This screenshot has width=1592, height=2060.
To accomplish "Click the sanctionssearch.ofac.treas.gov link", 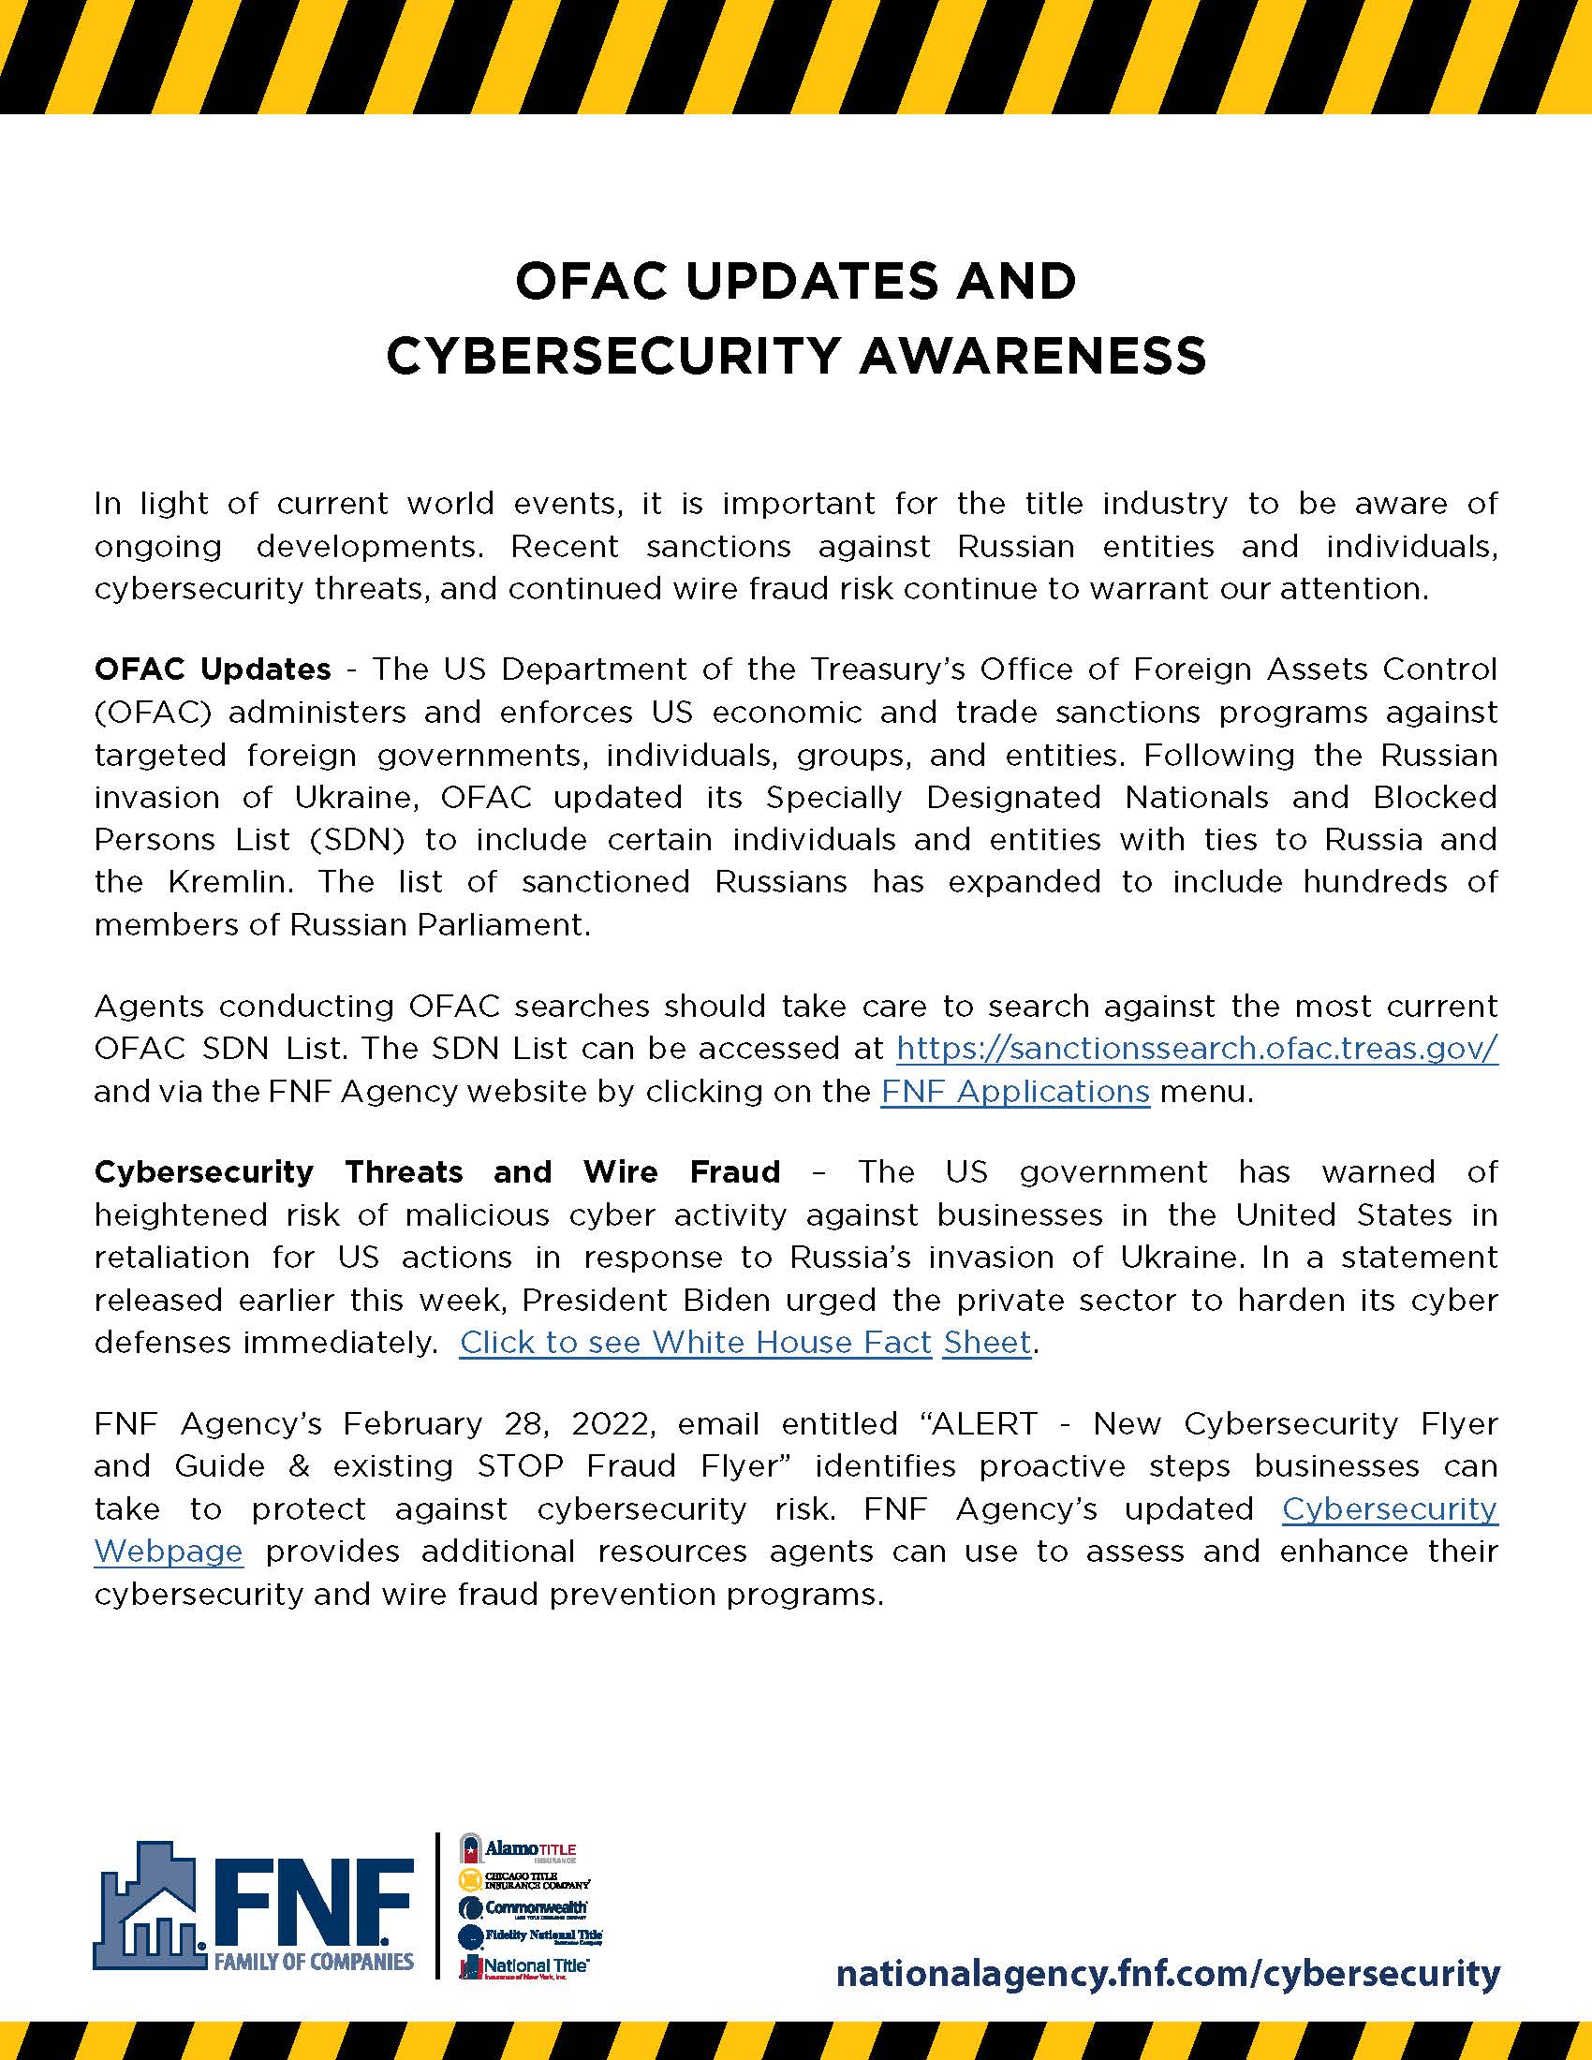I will tap(1196, 1048).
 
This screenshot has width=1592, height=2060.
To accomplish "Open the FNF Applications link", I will tap(1015, 1091).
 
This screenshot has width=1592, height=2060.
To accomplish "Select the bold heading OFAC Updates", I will tap(213, 669).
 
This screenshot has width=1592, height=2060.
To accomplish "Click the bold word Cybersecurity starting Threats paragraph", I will tap(203, 1171).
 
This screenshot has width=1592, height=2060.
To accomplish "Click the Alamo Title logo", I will tap(517, 1849).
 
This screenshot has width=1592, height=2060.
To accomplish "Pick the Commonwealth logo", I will tap(523, 1908).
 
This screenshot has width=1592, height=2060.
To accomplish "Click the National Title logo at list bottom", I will tap(523, 1966).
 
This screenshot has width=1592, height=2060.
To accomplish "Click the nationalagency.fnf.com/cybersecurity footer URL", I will tap(1167, 1973).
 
